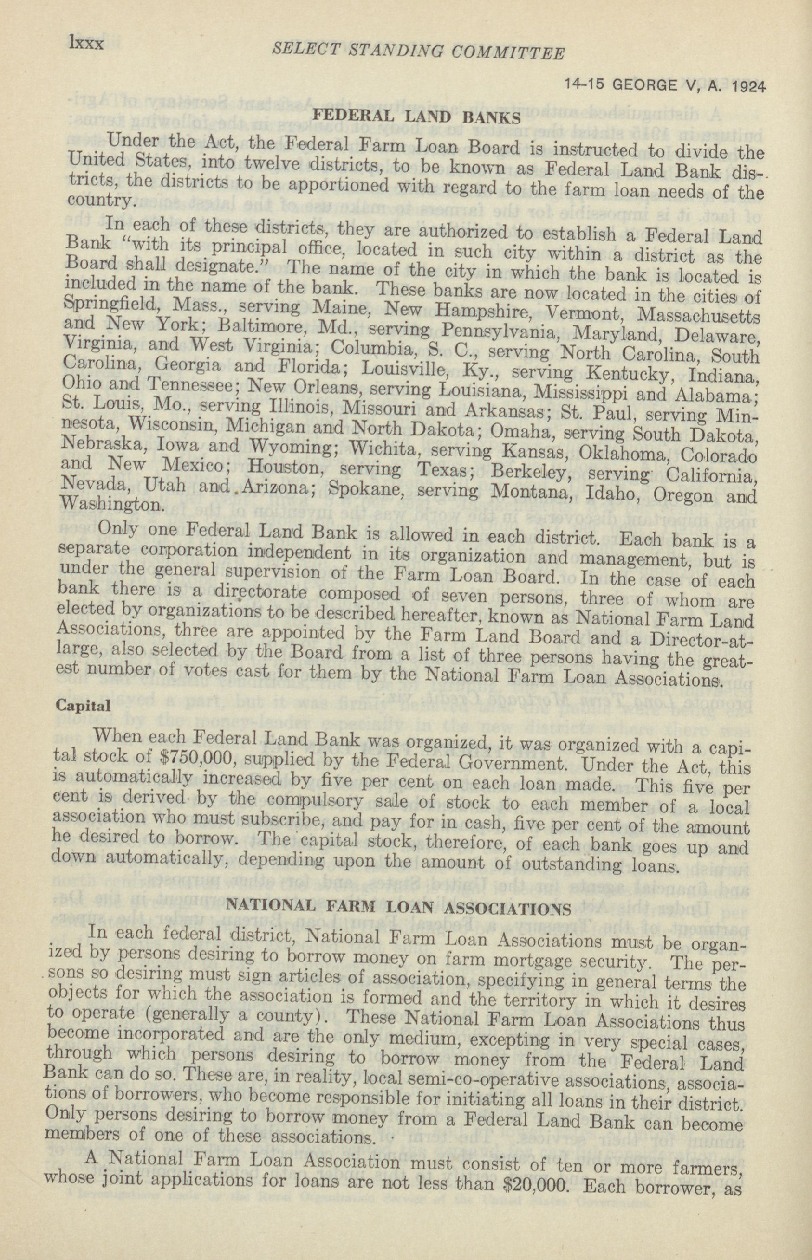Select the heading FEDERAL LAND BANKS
416,117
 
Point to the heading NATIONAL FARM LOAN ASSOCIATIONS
399,909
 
